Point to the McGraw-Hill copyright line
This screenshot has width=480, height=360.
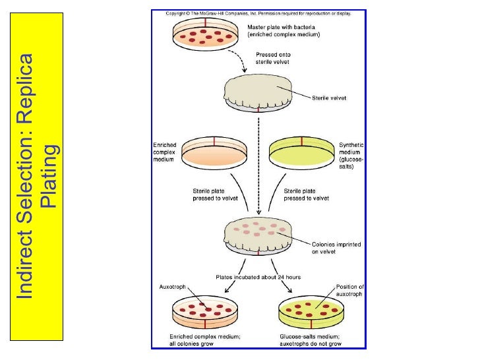(x=257, y=13)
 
